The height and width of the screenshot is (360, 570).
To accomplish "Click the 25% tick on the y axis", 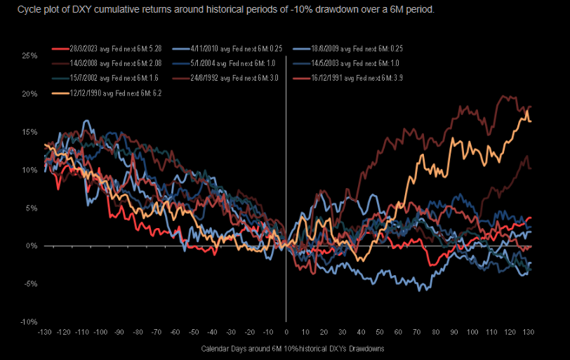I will tap(29, 55).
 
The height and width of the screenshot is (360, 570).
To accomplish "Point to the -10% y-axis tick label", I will tap(29, 321).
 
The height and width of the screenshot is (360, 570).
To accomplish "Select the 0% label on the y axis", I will tap(32, 246).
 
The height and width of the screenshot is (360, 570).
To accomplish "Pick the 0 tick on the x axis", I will tap(286, 331).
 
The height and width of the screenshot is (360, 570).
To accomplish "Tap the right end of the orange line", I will tap(530, 121).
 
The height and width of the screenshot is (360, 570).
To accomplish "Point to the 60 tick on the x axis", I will tap(397, 331).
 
